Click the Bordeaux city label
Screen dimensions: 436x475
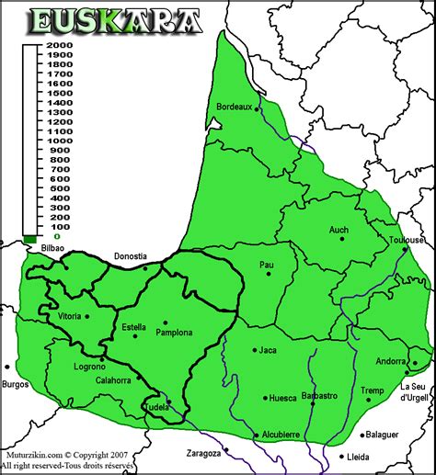point(234,107)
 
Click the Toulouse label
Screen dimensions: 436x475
point(405,240)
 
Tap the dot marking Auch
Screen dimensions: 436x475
point(343,238)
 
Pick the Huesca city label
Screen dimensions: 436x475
point(281,398)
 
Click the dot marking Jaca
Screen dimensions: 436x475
point(252,349)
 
